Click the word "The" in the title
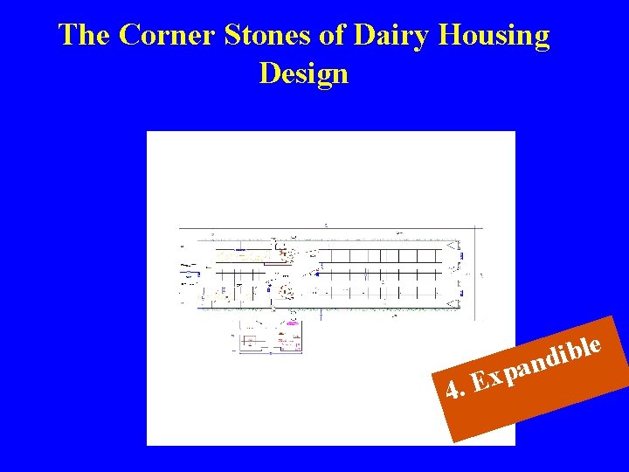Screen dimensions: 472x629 (x=84, y=36)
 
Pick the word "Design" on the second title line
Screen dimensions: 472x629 (x=303, y=73)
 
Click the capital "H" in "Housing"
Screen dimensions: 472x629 (x=453, y=36)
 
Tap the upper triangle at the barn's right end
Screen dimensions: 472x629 (x=451, y=248)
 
